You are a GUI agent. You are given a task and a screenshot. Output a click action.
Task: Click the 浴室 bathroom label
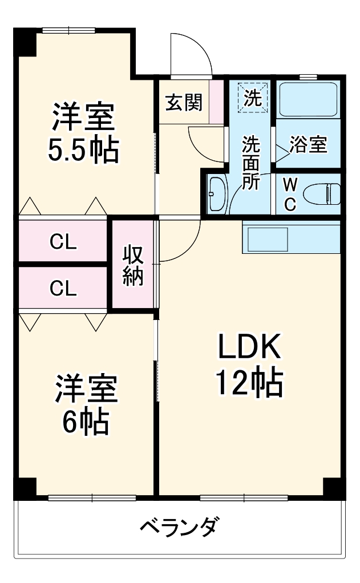(x=309, y=145)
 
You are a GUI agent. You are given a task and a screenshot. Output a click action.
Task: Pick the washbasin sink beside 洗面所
(x=216, y=193)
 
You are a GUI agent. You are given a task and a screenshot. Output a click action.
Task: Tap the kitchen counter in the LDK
(x=291, y=236)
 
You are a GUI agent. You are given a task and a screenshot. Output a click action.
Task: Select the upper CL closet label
(x=63, y=242)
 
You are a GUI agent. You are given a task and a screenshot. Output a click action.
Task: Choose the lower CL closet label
(x=63, y=288)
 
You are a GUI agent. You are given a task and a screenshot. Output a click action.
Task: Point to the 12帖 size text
(x=249, y=383)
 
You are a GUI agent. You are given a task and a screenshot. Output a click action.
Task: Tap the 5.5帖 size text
(x=84, y=150)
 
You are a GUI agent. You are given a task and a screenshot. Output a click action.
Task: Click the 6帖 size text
(x=86, y=422)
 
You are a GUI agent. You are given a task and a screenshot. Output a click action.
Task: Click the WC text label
(x=290, y=195)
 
